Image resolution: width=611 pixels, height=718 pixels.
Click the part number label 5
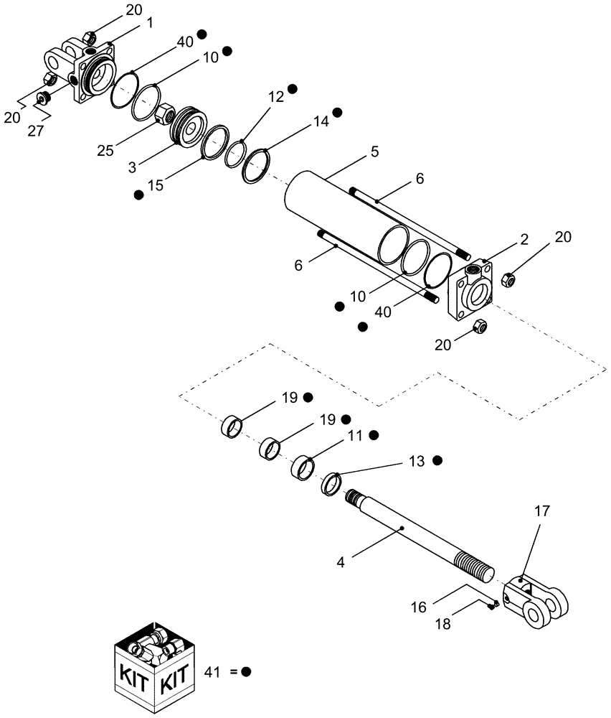pos(375,152)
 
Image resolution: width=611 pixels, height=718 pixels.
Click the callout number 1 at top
pos(150,22)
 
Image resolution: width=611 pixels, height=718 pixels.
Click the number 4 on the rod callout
pos(342,562)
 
